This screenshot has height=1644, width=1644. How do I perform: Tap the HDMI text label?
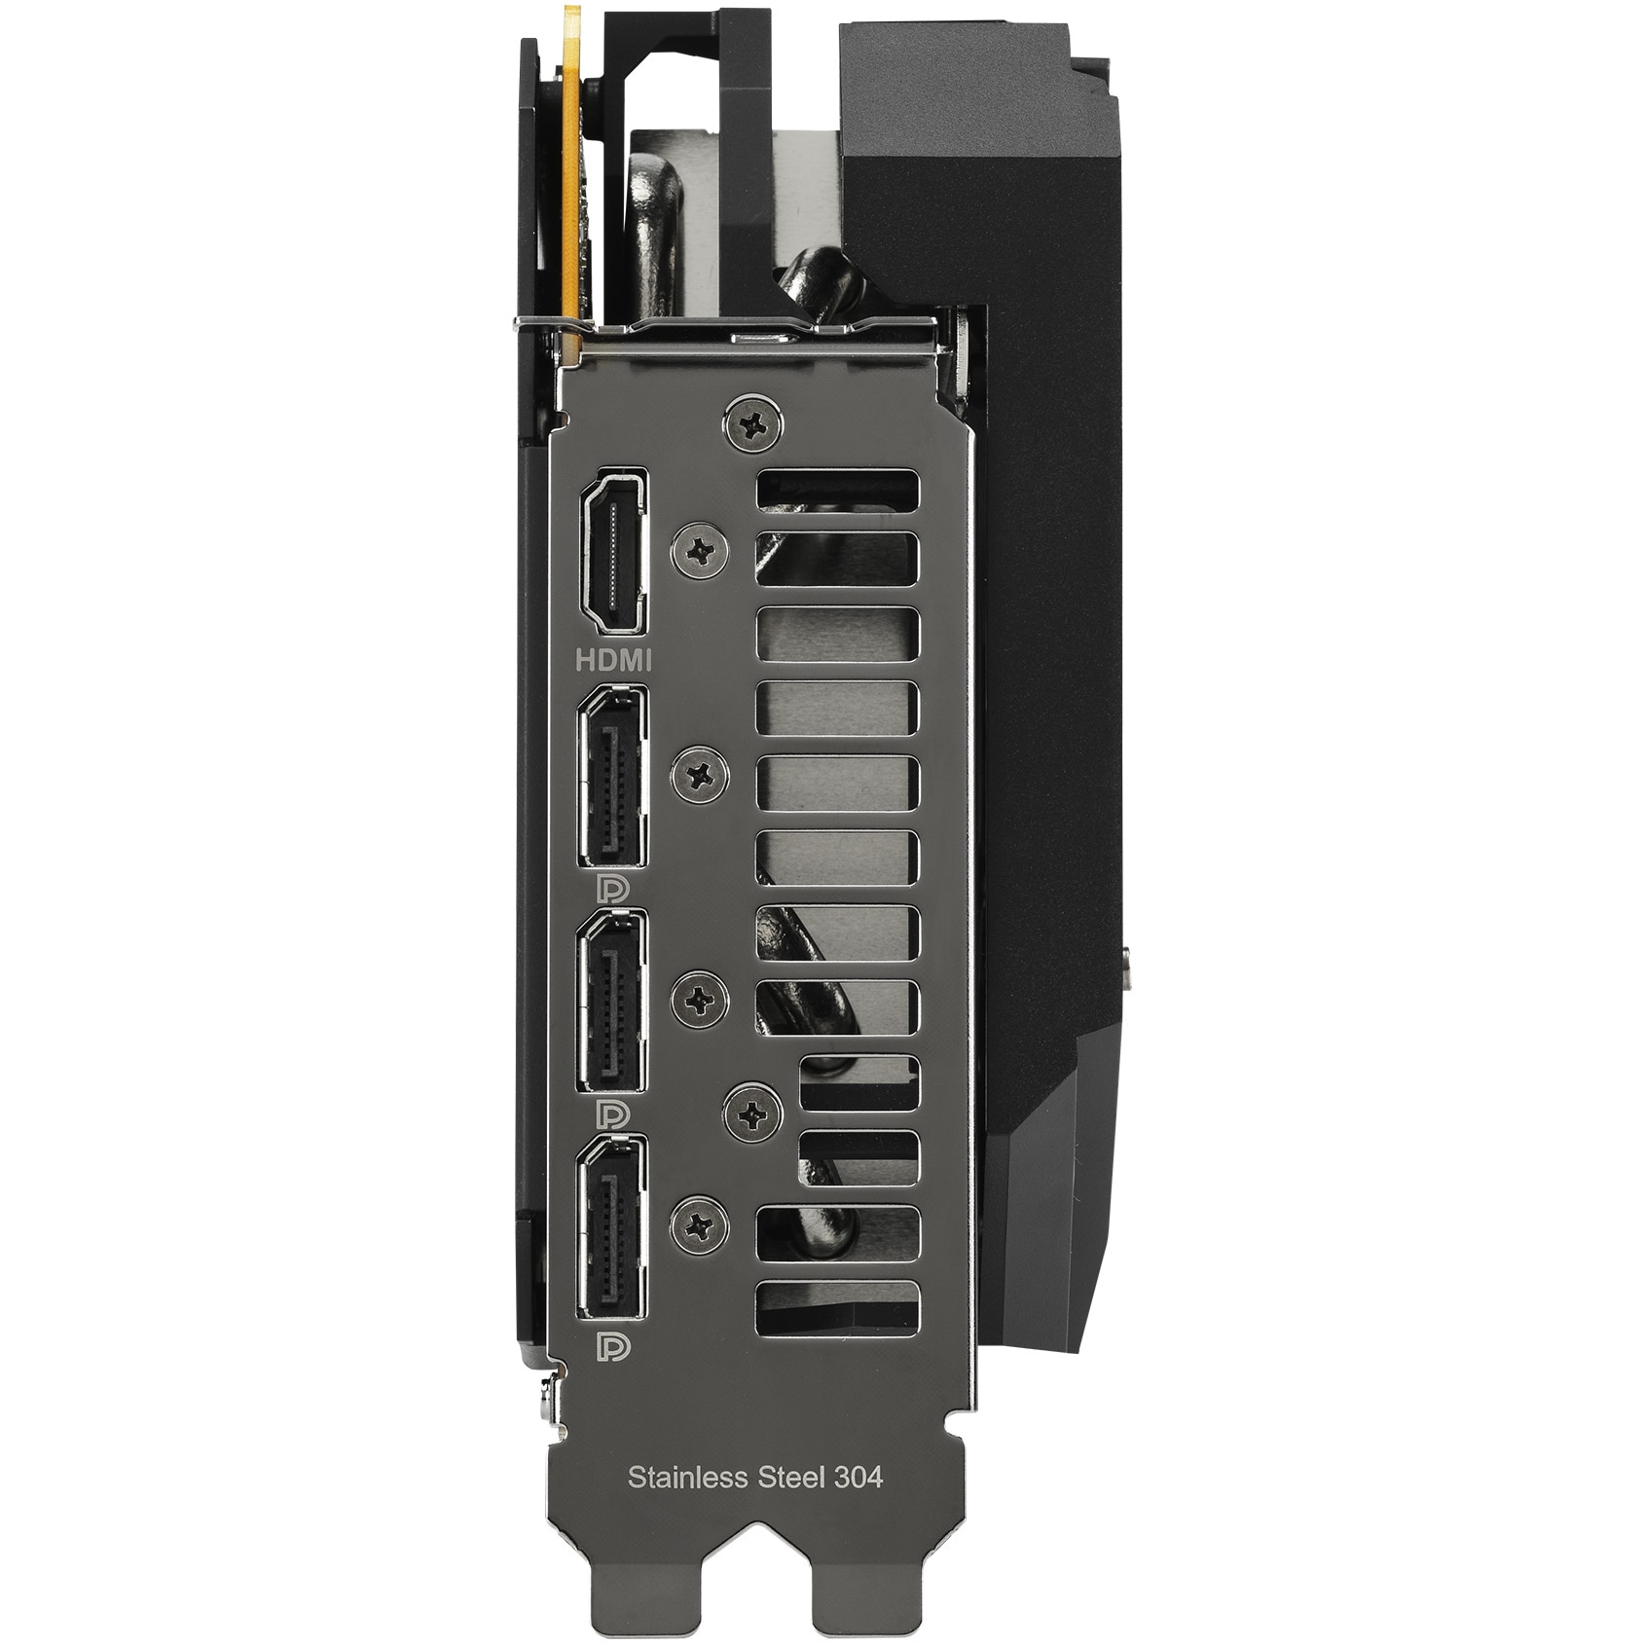coord(613,660)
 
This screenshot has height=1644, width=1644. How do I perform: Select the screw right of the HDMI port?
coord(701,551)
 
